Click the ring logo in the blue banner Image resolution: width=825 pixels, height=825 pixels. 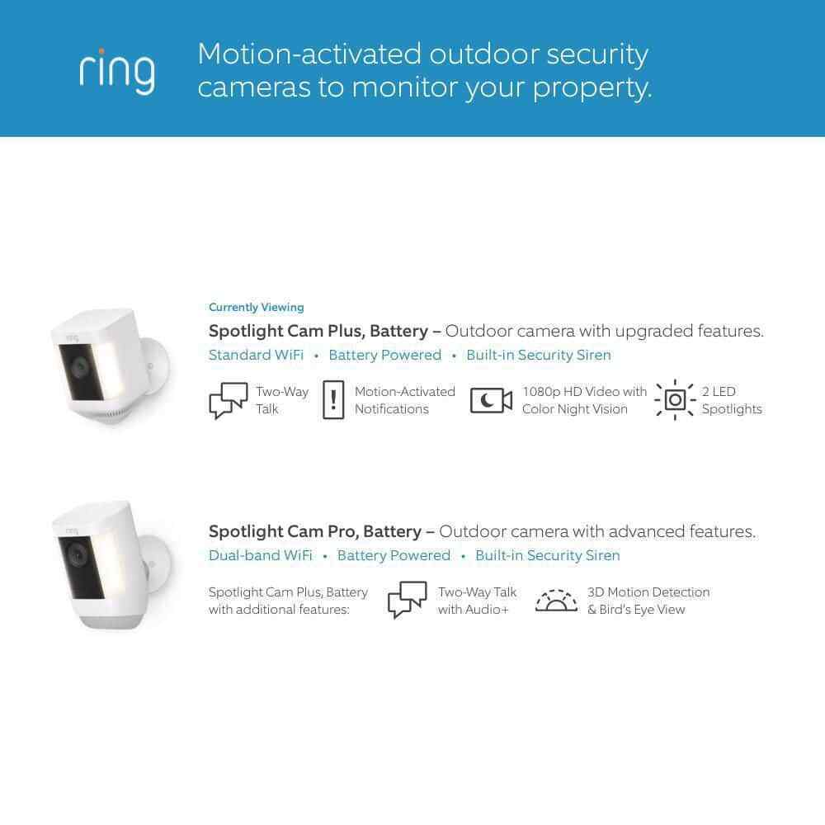click(117, 72)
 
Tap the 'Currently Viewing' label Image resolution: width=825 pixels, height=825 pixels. click(257, 307)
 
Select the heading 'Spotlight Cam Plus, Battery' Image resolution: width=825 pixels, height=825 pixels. click(318, 331)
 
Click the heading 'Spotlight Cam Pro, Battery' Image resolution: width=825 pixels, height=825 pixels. click(315, 531)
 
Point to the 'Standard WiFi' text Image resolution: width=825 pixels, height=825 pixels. click(257, 355)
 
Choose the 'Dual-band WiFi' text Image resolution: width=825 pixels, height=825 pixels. click(261, 555)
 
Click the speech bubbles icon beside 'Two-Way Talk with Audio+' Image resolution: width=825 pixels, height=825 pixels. click(408, 600)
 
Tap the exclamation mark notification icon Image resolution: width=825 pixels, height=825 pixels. click(333, 400)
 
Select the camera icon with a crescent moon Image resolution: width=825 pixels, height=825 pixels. click(491, 400)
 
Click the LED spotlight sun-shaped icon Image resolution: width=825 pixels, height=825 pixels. click(675, 400)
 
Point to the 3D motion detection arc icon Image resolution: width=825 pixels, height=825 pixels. click(556, 601)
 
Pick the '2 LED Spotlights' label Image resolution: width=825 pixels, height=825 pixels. click(732, 400)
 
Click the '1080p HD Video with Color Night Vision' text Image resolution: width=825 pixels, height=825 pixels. click(584, 400)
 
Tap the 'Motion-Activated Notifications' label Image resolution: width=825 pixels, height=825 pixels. click(404, 400)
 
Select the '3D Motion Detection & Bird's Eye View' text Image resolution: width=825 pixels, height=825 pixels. click(648, 601)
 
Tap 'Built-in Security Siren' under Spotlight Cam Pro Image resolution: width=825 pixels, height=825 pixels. click(548, 555)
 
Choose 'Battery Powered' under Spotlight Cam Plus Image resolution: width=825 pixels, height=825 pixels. click(385, 355)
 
